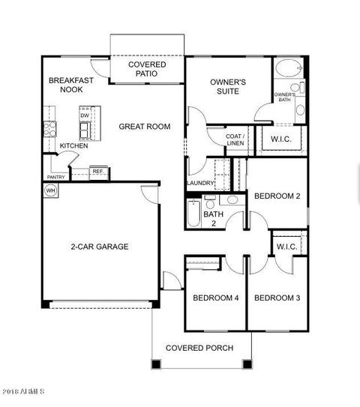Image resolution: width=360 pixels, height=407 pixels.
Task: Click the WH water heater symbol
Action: pos(50,190)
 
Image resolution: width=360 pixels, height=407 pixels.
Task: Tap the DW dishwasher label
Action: pos(85,115)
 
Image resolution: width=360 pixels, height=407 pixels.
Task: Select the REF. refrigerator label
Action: pos(98,172)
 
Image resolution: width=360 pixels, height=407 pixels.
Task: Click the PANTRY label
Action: pos(55,177)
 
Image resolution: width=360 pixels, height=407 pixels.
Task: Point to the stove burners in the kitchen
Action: pos(49,129)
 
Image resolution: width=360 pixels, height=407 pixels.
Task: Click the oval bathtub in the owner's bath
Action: pos(289,68)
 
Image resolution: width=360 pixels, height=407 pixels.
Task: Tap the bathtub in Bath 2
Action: pos(194,214)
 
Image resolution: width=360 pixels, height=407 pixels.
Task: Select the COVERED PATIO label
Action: pos(147,69)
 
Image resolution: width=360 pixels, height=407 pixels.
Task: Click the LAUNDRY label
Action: pos(200,183)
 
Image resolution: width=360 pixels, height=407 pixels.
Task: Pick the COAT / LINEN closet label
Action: pos(235,139)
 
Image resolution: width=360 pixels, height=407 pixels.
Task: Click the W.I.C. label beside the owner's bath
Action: pos(281,139)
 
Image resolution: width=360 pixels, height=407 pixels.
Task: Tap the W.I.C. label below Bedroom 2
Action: pos(287,247)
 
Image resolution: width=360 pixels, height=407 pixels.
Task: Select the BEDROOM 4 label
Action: pos(216,298)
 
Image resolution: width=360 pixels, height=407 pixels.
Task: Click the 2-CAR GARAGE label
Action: pos(100,247)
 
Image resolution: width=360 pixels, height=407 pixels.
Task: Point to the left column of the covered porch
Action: pos(156,364)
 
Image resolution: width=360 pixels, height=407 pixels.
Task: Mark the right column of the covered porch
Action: pos(247,364)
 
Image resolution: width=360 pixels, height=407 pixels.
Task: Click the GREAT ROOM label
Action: pos(145,127)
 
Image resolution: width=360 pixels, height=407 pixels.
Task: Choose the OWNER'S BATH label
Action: pos(285,97)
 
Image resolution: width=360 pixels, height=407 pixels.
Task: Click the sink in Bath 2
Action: pos(232,200)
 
